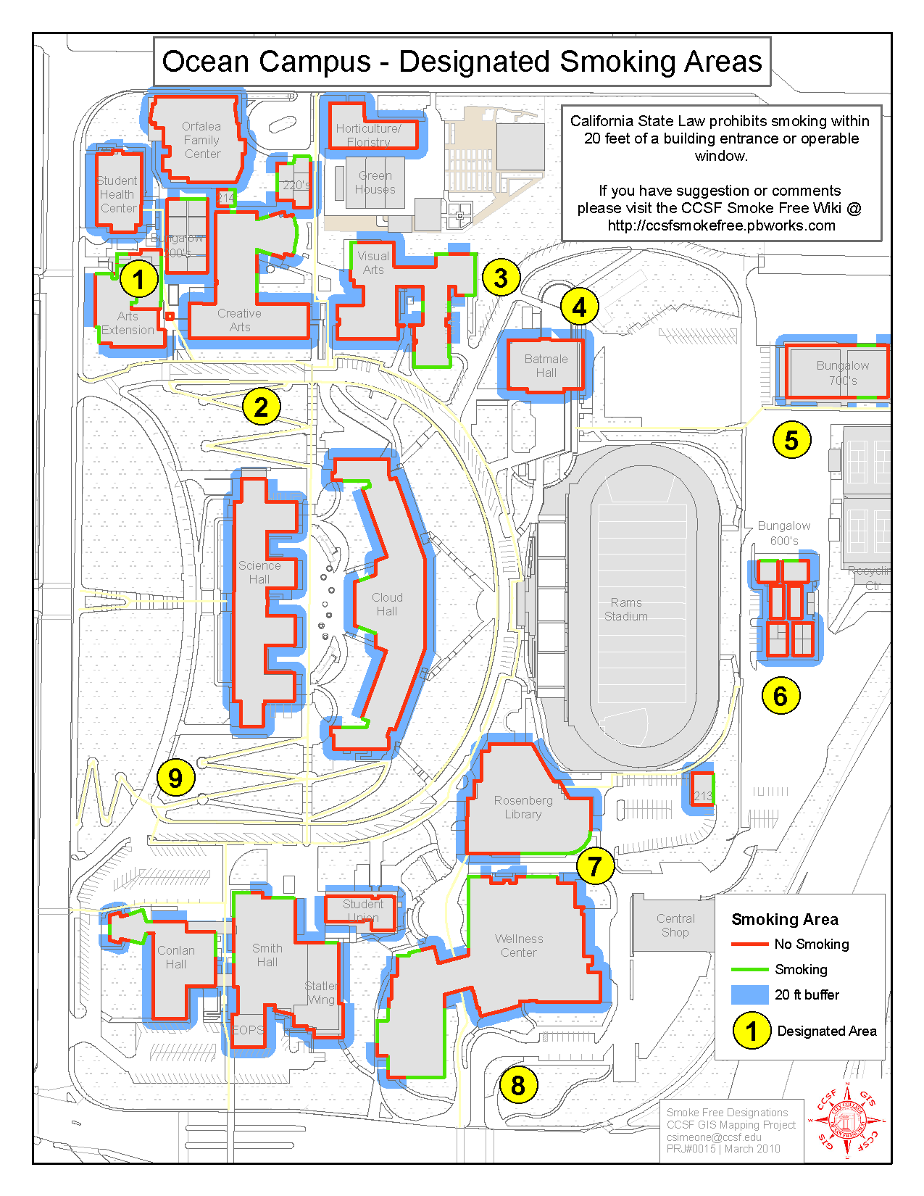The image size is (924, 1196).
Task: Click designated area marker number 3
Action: click(x=501, y=278)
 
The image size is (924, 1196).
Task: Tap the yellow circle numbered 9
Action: click(x=175, y=778)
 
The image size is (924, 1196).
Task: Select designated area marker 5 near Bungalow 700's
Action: click(x=791, y=439)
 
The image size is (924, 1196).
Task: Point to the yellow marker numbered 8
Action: click(x=518, y=1085)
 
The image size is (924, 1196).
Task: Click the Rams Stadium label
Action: click(x=626, y=610)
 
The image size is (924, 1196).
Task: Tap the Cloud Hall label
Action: click(x=387, y=605)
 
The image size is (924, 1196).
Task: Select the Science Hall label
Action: click(x=259, y=573)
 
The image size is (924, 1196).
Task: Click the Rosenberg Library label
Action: click(x=523, y=807)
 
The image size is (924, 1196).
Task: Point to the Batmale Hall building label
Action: click(x=546, y=366)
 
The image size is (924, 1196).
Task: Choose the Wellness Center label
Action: click(x=519, y=946)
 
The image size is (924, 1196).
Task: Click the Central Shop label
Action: click(x=675, y=926)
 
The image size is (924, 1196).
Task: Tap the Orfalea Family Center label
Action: click(x=202, y=140)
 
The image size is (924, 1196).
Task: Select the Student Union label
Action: click(x=363, y=910)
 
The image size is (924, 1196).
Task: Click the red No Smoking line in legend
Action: click(x=749, y=944)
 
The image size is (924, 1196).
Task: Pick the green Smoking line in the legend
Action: click(x=749, y=970)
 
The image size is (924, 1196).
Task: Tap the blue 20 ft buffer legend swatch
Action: click(x=749, y=994)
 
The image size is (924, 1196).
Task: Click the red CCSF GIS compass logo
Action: click(x=847, y=1121)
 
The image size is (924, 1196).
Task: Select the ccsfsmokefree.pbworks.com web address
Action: click(x=721, y=225)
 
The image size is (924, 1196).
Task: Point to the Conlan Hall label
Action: click(x=176, y=958)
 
